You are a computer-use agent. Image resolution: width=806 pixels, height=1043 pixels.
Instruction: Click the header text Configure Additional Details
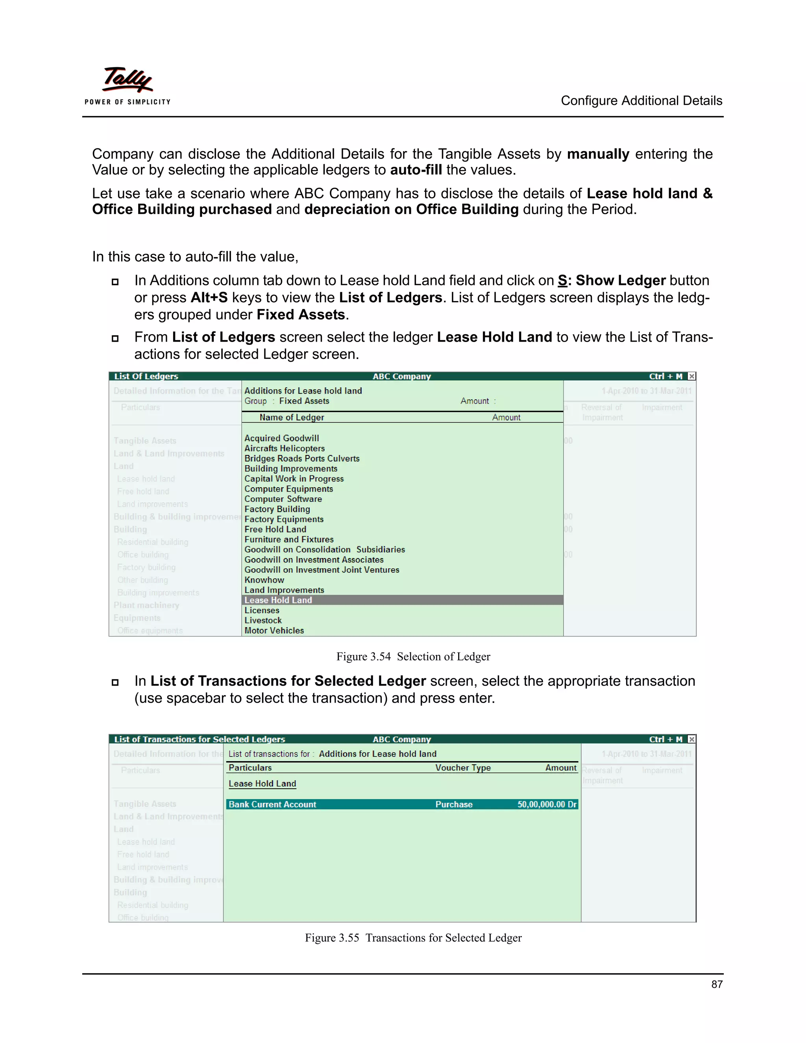point(641,101)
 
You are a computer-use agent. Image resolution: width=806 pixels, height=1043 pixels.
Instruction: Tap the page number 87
point(716,984)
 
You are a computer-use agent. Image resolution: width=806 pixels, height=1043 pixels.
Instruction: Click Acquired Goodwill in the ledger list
point(281,438)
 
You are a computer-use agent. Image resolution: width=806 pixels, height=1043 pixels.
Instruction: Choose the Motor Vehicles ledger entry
point(274,631)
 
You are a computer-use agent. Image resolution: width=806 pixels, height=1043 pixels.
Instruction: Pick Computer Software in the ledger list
point(283,499)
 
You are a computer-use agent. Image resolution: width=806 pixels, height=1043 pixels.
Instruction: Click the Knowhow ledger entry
point(264,580)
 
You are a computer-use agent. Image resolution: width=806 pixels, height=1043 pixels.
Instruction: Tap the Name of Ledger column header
point(291,417)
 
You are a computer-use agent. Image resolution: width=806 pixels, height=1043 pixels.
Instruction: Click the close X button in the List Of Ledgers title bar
point(691,376)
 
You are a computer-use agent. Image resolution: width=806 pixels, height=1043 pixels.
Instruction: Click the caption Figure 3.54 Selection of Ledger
point(413,656)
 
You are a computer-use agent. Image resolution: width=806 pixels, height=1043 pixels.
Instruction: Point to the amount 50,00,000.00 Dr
point(547,804)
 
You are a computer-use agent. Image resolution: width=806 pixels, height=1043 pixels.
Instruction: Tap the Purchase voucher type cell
point(454,804)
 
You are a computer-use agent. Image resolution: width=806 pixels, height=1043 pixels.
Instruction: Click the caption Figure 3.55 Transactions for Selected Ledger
point(413,938)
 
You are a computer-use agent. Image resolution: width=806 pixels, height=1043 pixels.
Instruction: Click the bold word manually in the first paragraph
point(598,154)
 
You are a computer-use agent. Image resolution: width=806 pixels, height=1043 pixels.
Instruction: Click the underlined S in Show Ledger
point(562,280)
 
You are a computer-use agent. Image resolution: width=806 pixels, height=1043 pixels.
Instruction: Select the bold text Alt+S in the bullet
point(209,298)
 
